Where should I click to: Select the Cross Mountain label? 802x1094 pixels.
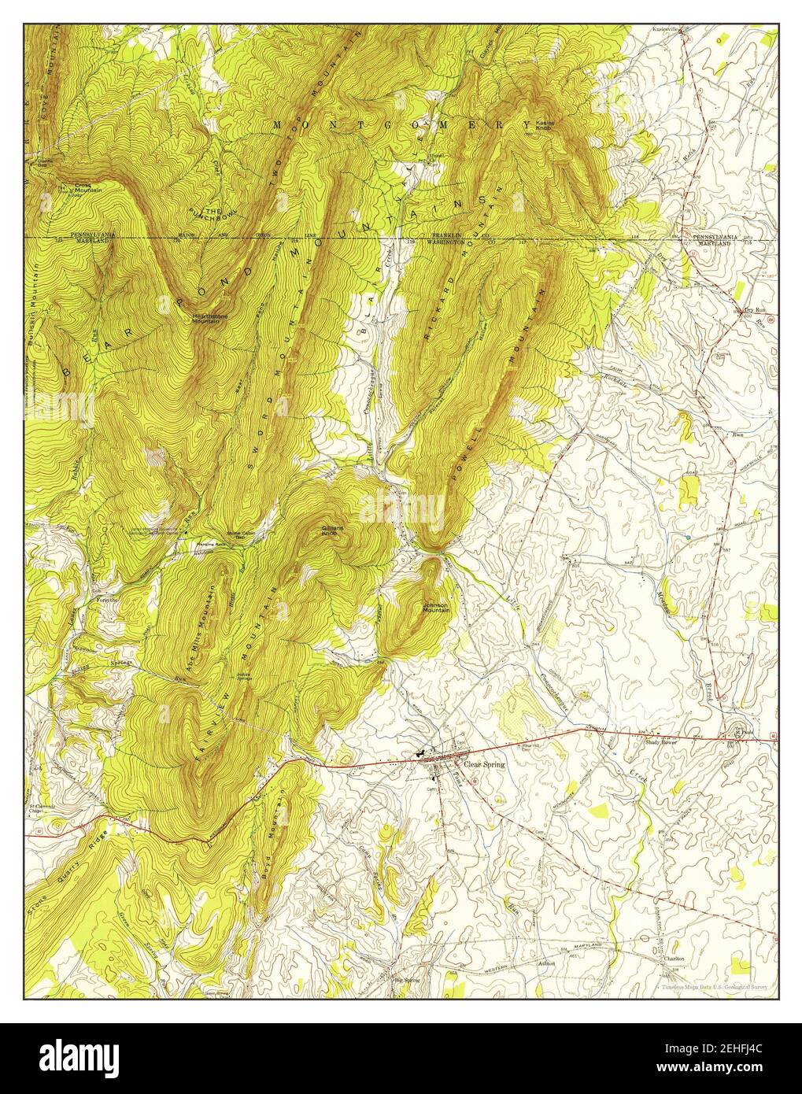pos(85,188)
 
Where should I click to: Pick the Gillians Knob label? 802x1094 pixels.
pos(329,530)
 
